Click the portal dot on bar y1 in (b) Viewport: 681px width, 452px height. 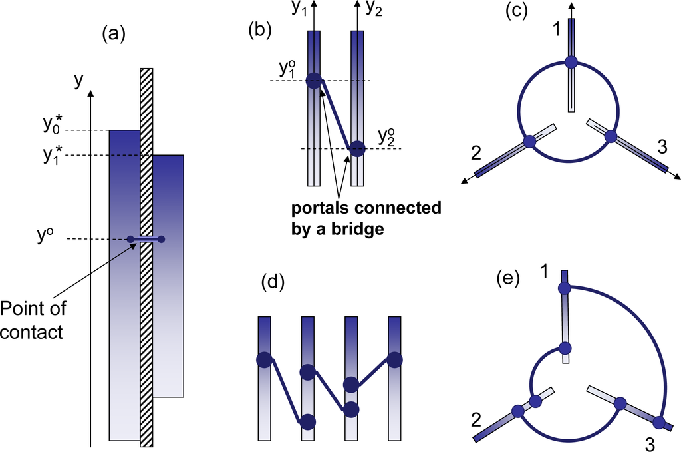313,81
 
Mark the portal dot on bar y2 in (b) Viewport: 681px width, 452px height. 357,149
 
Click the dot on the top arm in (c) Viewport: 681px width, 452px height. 571,62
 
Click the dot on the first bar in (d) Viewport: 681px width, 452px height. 264,360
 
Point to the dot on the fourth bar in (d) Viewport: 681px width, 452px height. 394,359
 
